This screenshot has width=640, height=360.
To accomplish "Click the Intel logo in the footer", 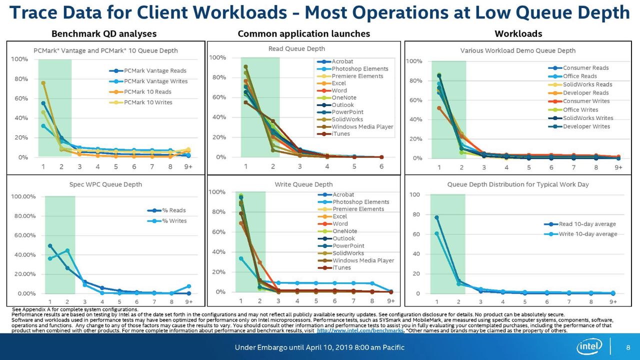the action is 589,346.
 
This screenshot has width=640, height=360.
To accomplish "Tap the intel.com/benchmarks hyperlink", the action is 360,330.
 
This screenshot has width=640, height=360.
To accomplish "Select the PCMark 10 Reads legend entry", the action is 140,91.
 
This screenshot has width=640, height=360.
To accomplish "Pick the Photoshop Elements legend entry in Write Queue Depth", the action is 353,201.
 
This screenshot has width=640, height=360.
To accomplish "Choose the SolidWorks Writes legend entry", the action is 580,118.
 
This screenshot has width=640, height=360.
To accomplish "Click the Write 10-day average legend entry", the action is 580,234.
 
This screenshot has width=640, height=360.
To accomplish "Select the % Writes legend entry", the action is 167,221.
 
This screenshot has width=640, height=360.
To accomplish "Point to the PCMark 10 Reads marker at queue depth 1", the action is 43,83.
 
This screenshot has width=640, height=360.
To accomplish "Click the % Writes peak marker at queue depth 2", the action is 67,250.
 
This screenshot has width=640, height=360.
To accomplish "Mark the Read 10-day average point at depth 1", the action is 436,217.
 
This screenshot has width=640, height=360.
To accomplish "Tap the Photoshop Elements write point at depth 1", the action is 241,258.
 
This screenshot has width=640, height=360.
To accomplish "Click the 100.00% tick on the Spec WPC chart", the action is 23,196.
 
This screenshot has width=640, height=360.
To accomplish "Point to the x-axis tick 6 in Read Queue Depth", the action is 381,166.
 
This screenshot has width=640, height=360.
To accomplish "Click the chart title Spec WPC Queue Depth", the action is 105,184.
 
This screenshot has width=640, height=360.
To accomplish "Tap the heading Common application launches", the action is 303,33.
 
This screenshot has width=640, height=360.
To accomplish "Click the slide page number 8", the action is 628,347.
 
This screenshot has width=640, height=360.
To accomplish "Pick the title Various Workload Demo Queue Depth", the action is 517,50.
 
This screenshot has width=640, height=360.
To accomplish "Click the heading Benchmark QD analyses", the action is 104,33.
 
